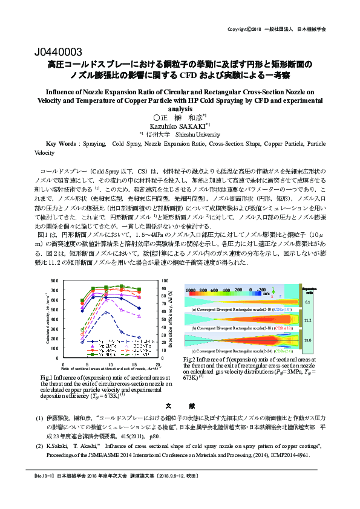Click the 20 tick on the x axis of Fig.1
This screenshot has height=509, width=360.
[158, 365]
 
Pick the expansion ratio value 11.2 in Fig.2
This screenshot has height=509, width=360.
[307, 320]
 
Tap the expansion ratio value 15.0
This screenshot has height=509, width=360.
[307, 340]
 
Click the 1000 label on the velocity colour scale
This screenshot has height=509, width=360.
[192, 291]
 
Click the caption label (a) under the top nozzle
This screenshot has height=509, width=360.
[193, 309]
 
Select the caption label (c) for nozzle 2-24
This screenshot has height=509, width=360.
[193, 351]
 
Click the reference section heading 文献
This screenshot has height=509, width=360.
[180, 406]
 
